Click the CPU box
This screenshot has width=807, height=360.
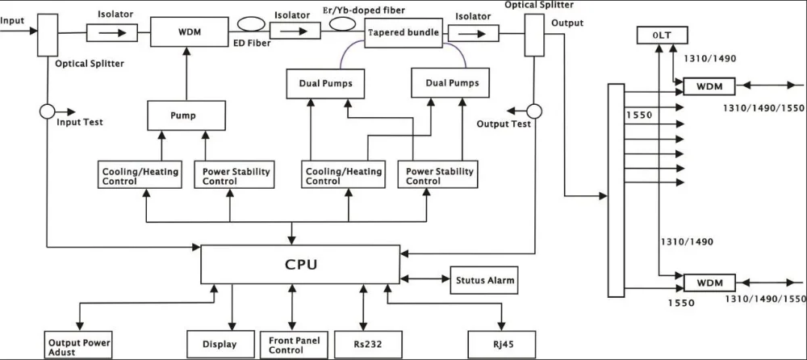coord(300,264)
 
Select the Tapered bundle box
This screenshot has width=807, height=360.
coord(403,32)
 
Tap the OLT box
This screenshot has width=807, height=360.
coord(662,36)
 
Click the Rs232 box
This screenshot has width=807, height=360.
coord(367,344)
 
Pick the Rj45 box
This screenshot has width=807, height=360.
coord(502,344)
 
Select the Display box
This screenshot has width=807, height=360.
coord(220,344)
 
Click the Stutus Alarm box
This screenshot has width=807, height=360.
coord(484,280)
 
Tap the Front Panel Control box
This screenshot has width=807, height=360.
coord(294,345)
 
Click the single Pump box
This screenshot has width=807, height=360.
coord(186,115)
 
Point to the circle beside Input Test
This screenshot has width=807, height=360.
coord(48,111)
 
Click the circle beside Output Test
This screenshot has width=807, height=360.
coord(534,111)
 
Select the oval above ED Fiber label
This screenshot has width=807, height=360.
coord(251,24)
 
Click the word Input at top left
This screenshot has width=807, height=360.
coord(12,21)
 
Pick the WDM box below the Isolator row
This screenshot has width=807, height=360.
coord(190,32)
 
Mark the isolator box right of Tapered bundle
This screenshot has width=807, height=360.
coord(474,33)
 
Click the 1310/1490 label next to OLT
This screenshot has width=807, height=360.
coord(709,58)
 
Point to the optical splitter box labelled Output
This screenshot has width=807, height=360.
coord(534,35)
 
